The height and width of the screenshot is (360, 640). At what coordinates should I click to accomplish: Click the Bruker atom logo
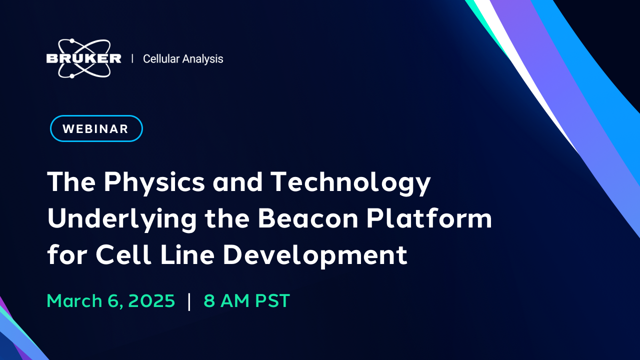(x=83, y=58)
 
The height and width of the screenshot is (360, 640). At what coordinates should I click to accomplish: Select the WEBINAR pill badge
(x=96, y=128)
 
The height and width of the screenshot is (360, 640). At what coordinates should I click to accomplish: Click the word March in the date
(x=74, y=301)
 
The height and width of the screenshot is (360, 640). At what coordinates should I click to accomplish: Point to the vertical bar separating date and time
(x=189, y=301)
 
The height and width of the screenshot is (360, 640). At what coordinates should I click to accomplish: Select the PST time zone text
(x=272, y=301)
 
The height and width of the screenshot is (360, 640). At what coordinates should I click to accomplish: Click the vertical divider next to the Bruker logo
(x=132, y=58)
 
